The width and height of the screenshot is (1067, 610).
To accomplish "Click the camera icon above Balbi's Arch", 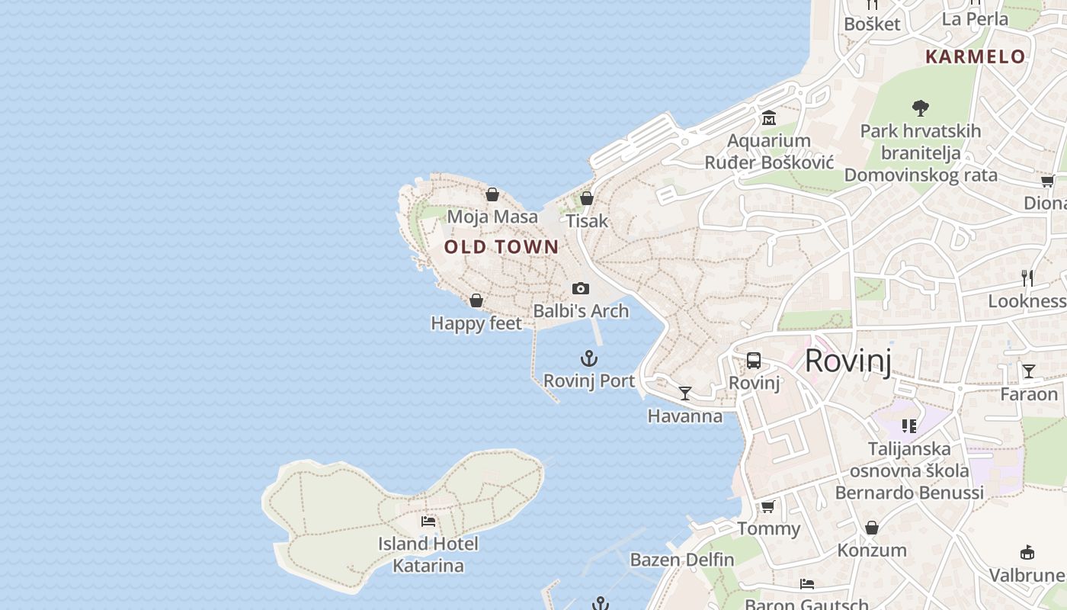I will point(581,288).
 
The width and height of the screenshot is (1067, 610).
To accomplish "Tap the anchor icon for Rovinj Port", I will point(588,358).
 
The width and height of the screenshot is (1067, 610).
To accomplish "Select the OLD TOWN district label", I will point(501,247).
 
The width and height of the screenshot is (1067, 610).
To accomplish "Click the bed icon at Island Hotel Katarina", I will point(428,522).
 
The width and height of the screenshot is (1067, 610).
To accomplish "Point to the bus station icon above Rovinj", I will point(754,361).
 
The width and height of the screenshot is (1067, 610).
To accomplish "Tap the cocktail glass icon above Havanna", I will point(685,393).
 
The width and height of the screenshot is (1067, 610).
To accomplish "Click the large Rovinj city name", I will point(848,361).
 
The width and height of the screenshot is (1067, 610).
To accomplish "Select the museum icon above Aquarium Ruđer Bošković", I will point(768,118).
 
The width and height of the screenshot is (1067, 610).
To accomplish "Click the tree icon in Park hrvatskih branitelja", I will point(921,108).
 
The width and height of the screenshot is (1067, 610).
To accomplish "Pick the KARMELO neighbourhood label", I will point(976,56).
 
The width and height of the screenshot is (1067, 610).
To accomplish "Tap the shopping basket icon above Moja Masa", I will point(492,194).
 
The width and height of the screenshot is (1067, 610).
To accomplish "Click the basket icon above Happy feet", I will point(476,300).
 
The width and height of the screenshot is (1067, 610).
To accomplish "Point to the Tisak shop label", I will point(587,221).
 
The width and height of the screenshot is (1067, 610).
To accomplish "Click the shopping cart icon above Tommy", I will point(768,506).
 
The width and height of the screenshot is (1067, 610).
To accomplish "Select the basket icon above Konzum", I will point(872,528).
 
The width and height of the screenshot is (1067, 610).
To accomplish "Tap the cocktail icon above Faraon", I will point(1029,371).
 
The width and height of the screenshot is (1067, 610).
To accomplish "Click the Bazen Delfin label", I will point(682,560).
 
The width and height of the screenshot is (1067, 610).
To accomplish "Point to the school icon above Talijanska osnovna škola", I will point(908,425).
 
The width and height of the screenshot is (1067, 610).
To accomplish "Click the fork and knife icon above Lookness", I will point(1027,278).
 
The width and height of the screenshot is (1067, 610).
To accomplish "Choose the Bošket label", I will point(872,24).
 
